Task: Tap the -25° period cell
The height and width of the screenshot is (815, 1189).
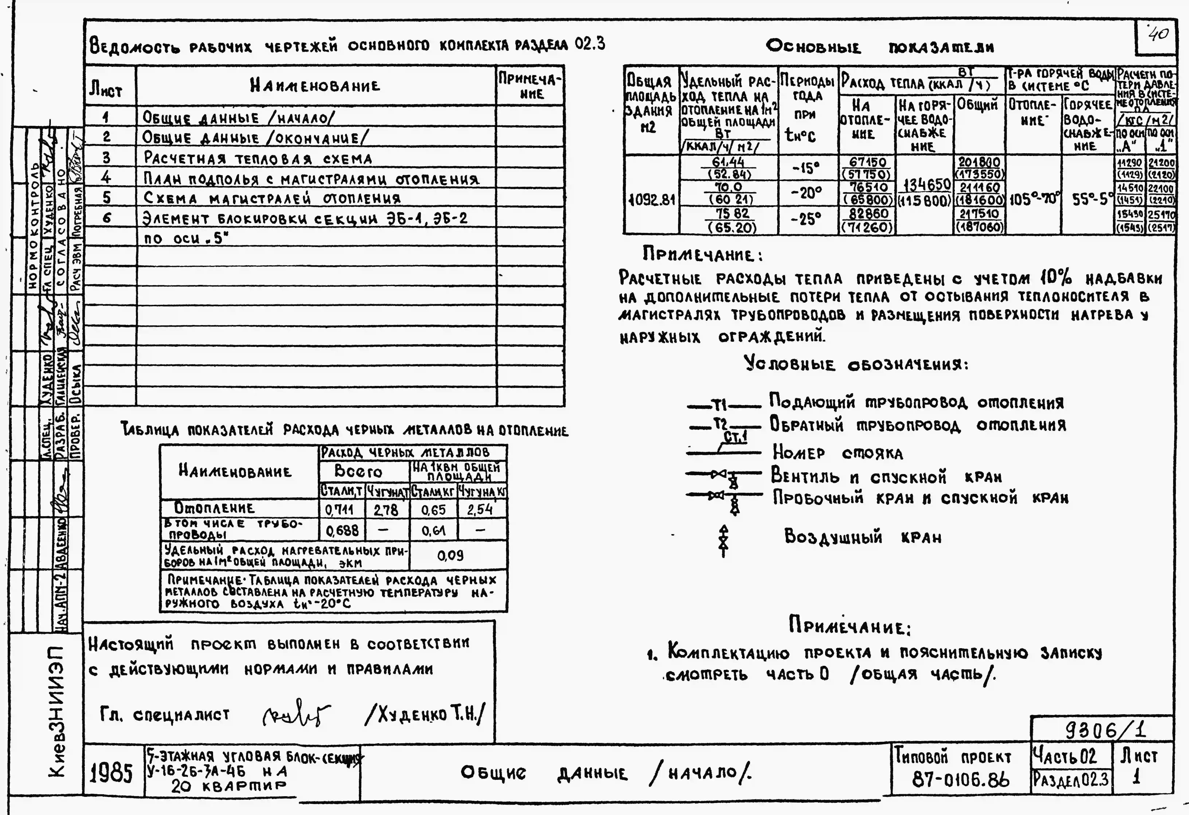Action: (806, 219)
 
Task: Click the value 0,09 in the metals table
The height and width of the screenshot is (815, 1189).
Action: (450, 555)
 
